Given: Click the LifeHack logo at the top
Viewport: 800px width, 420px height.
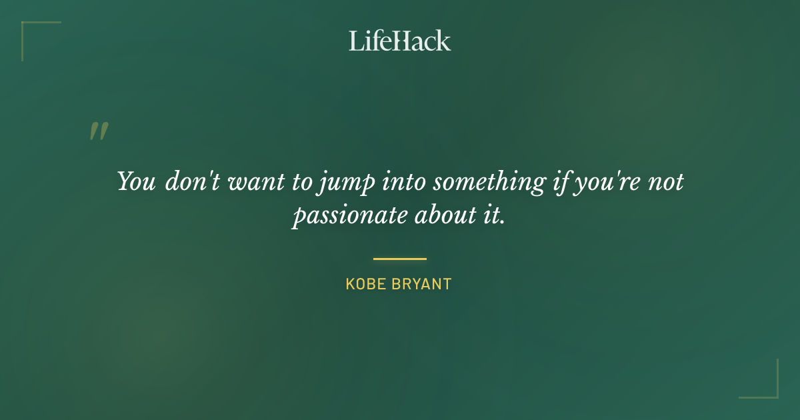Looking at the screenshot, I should click(x=400, y=41).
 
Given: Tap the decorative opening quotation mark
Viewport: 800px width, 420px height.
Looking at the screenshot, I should click(x=99, y=131).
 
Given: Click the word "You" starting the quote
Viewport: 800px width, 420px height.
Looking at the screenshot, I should click(x=137, y=181).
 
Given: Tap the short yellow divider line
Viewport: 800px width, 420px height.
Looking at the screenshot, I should click(x=400, y=259).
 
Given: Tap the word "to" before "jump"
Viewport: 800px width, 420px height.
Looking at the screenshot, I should click(x=302, y=182).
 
